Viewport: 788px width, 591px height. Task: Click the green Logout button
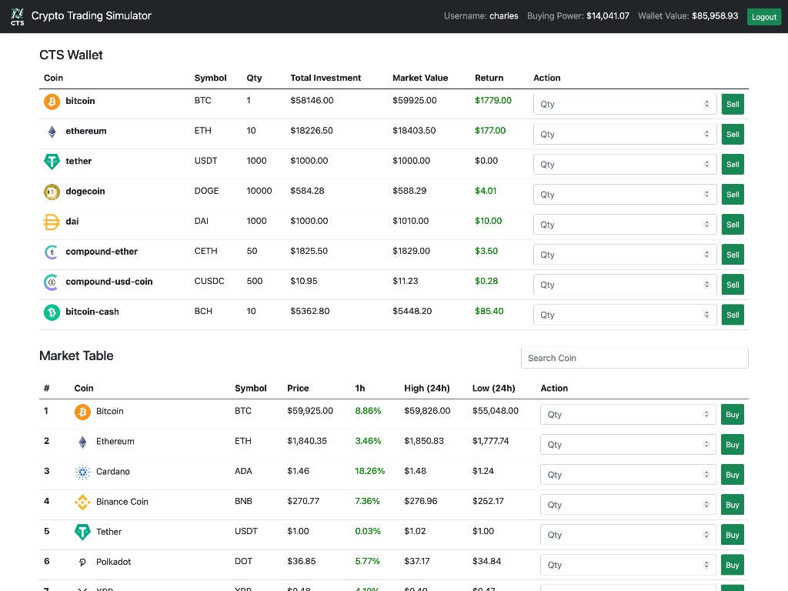tap(763, 16)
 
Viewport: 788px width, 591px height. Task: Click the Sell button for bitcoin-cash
tap(733, 315)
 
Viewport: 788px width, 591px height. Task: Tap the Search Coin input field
tap(634, 358)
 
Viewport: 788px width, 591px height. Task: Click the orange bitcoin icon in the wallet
tap(52, 101)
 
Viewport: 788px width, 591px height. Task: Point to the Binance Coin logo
tap(82, 502)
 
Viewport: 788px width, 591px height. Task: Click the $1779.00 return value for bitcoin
tap(492, 101)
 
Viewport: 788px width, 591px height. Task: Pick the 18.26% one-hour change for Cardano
tap(369, 471)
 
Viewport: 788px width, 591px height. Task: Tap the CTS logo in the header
tap(17, 16)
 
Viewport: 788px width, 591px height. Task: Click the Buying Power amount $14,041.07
tap(607, 16)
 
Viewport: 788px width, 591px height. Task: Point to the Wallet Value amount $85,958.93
tap(714, 16)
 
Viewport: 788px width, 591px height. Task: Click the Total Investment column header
tap(326, 78)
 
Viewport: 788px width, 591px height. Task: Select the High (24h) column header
tap(426, 389)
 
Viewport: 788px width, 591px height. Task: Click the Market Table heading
tap(76, 356)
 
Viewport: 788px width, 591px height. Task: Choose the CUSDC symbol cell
tap(209, 282)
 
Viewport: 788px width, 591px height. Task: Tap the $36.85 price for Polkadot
tap(301, 562)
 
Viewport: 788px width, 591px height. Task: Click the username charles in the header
tap(503, 16)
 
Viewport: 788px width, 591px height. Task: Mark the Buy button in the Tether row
tap(732, 535)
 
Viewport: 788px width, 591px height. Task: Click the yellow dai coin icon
tap(52, 222)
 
